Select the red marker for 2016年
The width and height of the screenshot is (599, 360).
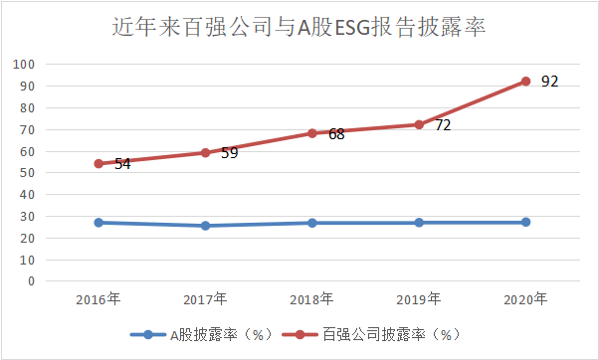click(x=99, y=163)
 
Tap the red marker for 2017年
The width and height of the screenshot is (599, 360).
click(x=205, y=152)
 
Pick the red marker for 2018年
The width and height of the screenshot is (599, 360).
click(x=311, y=133)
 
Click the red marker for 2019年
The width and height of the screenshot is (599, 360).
click(x=419, y=124)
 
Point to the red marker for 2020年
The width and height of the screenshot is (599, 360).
click(x=525, y=82)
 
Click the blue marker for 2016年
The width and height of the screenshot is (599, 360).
click(x=99, y=222)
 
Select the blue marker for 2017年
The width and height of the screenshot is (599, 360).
click(x=205, y=226)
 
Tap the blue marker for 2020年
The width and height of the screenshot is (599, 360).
click(x=525, y=222)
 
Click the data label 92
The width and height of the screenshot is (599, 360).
click(x=549, y=81)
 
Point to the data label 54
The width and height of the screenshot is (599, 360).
click(x=122, y=164)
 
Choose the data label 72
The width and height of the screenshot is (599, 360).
click(x=443, y=125)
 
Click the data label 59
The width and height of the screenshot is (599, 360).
click(x=229, y=153)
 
